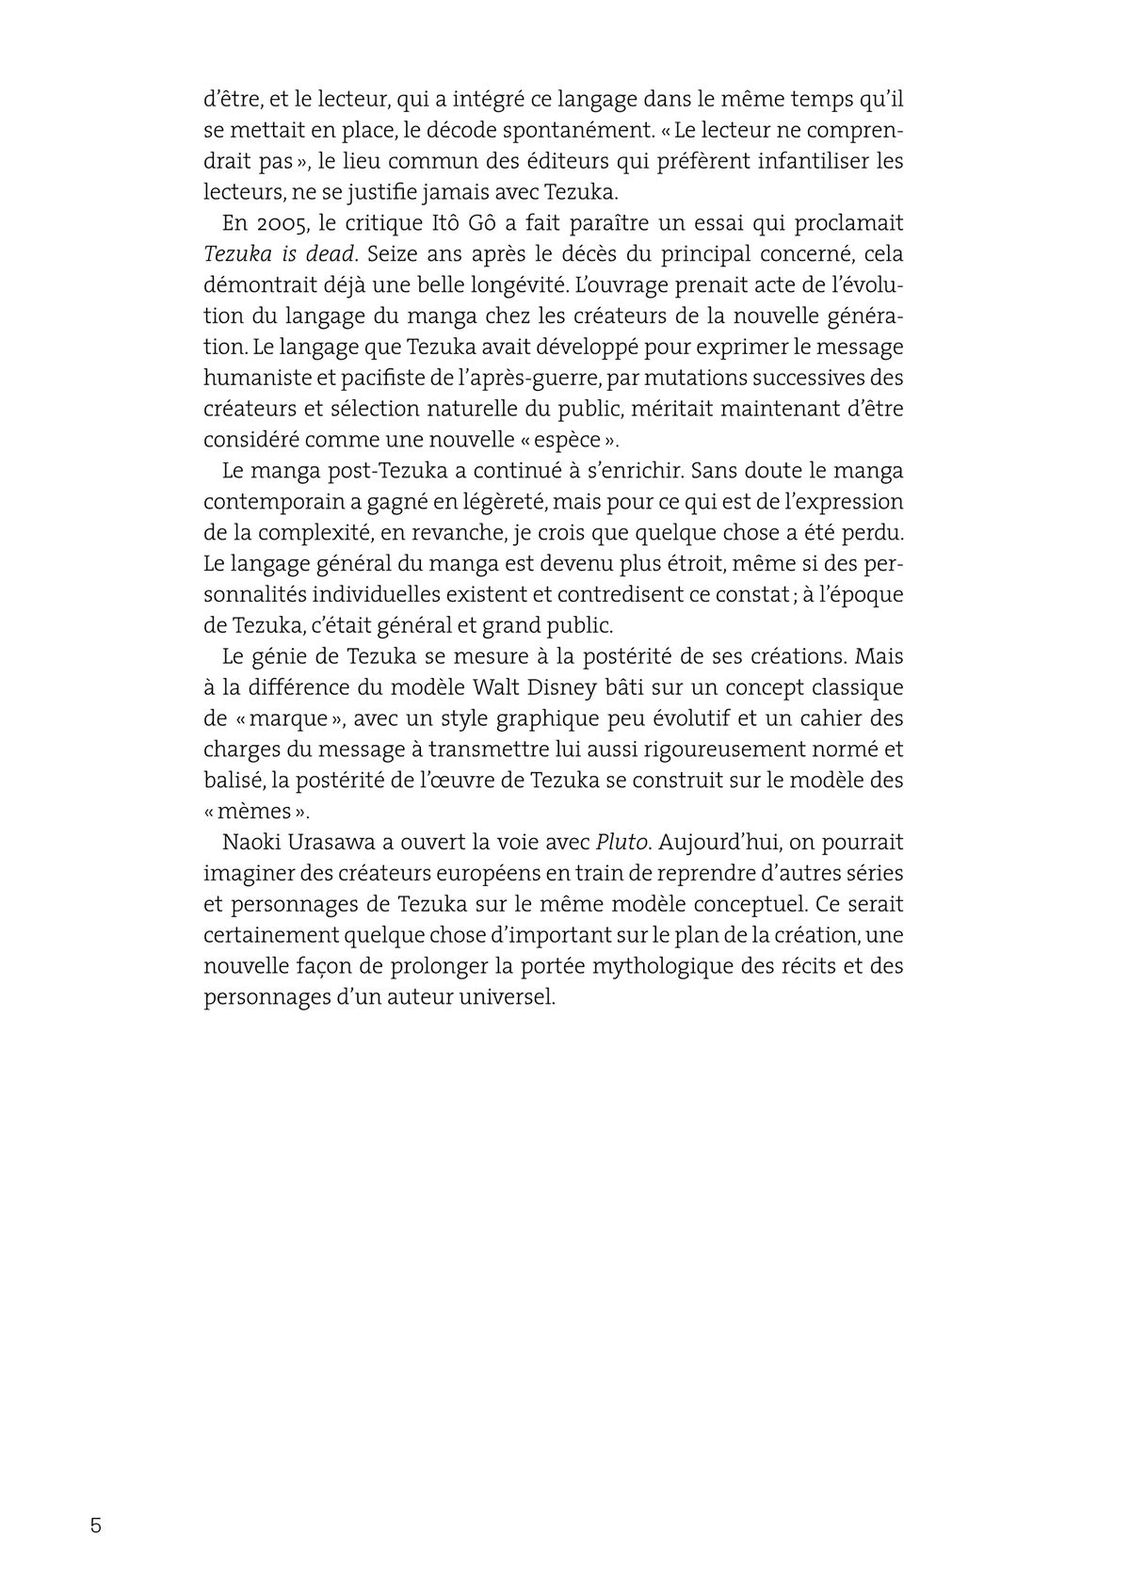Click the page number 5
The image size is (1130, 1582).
click(95, 1525)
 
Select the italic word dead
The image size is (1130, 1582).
click(330, 254)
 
